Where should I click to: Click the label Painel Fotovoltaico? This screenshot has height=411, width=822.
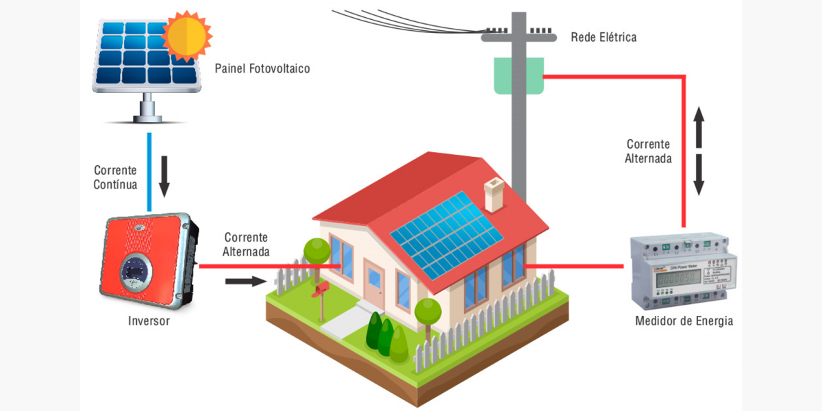tap(262, 69)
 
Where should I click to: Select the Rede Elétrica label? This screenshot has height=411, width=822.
tap(603, 37)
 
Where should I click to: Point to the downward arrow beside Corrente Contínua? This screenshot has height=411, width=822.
tap(164, 175)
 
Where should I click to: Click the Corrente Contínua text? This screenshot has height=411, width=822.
tap(115, 177)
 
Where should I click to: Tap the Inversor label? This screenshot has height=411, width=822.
tap(149, 321)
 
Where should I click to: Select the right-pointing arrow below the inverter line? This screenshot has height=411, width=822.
tap(245, 281)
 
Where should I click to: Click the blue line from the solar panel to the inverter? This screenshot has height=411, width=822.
tap(149, 171)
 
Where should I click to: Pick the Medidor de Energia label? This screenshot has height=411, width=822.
tap(684, 321)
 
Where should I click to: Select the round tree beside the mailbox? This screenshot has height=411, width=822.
tap(316, 251)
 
